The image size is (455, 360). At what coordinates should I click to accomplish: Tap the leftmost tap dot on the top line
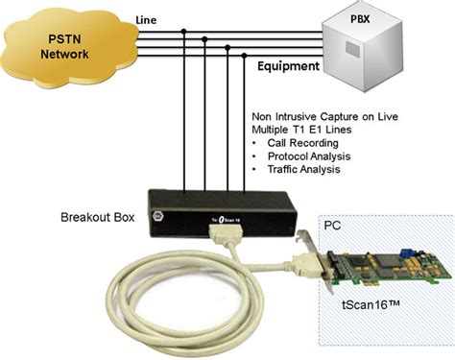(x=183, y=32)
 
